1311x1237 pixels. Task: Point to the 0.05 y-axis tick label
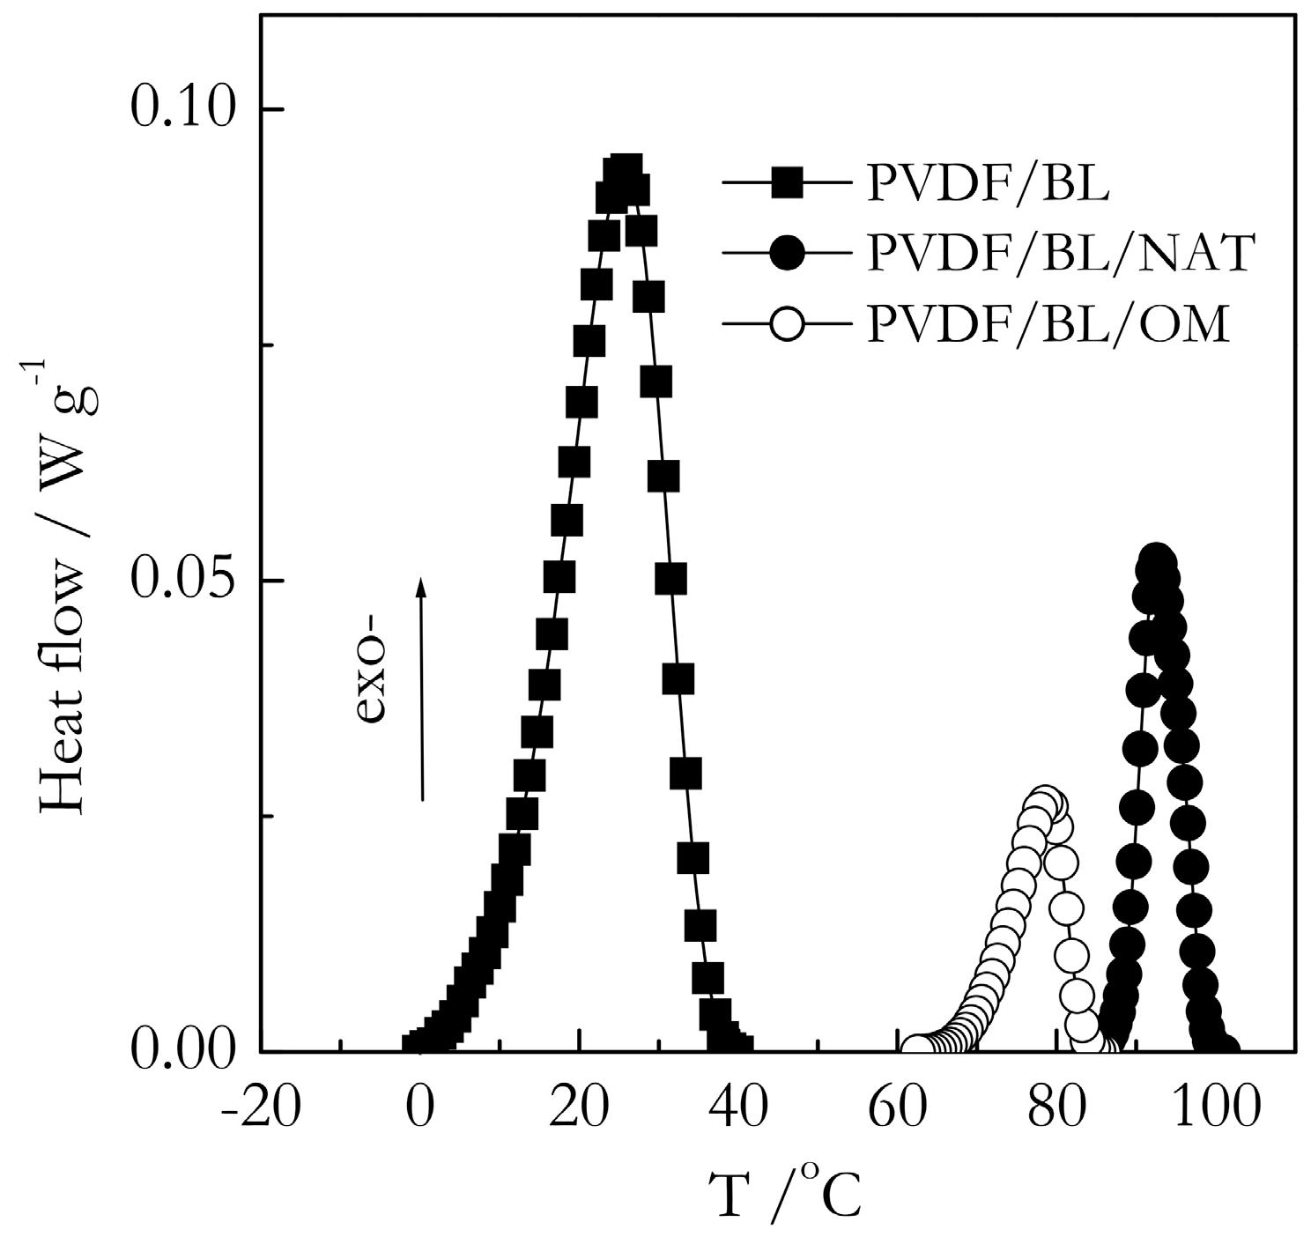click(183, 580)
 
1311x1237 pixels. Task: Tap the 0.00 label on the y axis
click(183, 1050)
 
